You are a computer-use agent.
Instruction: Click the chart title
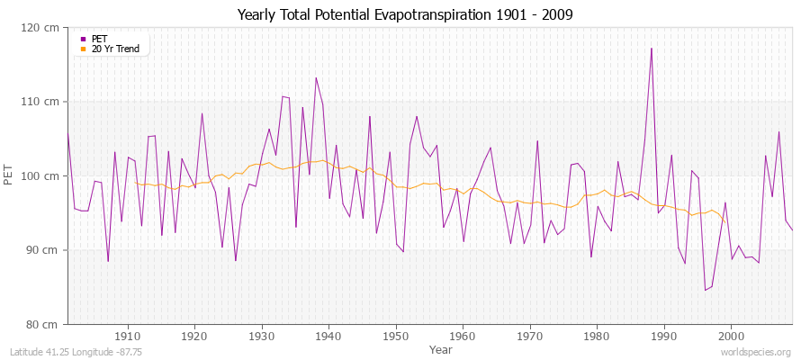click(x=404, y=14)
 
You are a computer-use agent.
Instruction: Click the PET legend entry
click(x=99, y=39)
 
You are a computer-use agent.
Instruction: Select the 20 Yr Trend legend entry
click(x=115, y=49)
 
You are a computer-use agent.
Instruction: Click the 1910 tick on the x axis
click(x=128, y=336)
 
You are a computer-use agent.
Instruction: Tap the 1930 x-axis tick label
click(x=262, y=336)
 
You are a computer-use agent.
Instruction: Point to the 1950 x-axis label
click(x=395, y=336)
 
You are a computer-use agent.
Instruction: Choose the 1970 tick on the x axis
click(x=529, y=336)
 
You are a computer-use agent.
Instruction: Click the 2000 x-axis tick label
click(x=731, y=336)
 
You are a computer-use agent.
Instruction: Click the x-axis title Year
click(x=441, y=349)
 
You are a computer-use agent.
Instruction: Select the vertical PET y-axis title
click(x=10, y=175)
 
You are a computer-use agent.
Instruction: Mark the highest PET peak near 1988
click(x=651, y=49)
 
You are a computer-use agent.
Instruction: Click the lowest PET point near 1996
click(x=705, y=290)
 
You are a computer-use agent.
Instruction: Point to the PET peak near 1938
click(x=316, y=78)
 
